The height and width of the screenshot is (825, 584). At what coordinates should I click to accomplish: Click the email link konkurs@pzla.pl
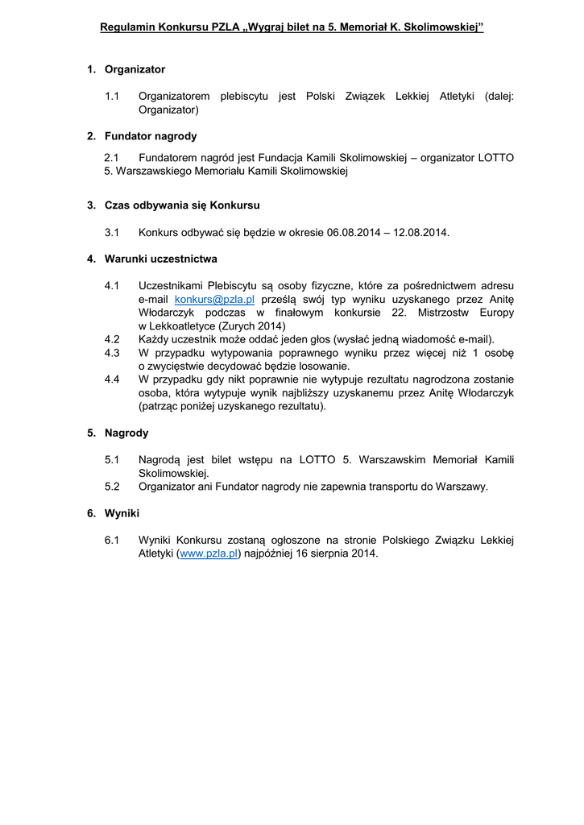coord(214,299)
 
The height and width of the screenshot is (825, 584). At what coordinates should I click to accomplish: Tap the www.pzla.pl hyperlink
coord(209,553)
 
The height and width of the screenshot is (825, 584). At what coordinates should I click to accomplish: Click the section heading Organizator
coord(135,69)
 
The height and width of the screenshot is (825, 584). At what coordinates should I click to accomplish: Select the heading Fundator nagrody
coord(151,136)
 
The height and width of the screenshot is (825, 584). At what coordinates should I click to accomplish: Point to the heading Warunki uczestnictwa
coord(161,259)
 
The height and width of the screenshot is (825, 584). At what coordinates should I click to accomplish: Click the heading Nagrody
coord(126,433)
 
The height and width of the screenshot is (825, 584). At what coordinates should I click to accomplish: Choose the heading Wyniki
coord(122,512)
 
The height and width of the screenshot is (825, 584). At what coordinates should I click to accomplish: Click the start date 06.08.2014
coord(352,232)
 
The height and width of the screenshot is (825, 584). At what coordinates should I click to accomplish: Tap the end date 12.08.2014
coord(420,232)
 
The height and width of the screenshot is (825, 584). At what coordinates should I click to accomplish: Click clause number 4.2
coord(112,339)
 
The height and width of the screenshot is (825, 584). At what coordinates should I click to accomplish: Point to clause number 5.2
coord(112,486)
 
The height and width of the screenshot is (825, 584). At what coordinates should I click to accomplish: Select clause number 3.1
coord(112,232)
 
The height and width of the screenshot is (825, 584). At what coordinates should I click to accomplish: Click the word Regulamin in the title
coord(126,27)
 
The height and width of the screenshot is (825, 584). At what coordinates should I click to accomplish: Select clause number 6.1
coord(112,540)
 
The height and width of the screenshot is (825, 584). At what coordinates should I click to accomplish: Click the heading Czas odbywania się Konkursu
coord(182,205)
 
